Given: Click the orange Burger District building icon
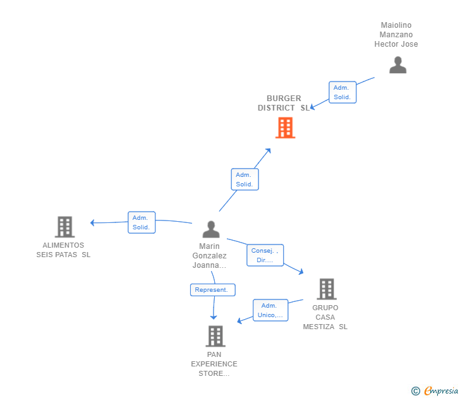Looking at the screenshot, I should click(x=286, y=128).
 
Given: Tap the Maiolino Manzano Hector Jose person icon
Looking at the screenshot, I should click(x=397, y=65).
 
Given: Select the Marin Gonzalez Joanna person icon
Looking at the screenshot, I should click(x=211, y=229).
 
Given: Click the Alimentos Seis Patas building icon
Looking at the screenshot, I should click(x=64, y=227).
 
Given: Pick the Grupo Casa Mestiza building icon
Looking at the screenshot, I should click(x=326, y=289).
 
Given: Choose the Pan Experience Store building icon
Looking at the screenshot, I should click(x=215, y=336).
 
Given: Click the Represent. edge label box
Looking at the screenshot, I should click(x=212, y=290).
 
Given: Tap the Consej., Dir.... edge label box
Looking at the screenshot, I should click(x=265, y=255).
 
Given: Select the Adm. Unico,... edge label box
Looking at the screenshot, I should click(x=270, y=310).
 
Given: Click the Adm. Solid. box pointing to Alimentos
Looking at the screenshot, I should click(x=141, y=222).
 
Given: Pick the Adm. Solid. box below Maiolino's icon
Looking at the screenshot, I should click(x=342, y=92).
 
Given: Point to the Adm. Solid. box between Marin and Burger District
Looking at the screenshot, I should click(x=245, y=179).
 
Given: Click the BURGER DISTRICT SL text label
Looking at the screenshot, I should click(x=284, y=103).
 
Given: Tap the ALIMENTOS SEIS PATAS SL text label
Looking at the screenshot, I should click(x=63, y=250).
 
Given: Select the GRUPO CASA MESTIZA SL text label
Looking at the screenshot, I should click(x=325, y=317).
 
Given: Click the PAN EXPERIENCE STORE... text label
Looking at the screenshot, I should click(x=214, y=364).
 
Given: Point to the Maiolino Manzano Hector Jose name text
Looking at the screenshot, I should click(x=396, y=35).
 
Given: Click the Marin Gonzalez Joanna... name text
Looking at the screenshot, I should click(x=209, y=256).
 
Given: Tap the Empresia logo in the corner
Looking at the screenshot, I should click(x=440, y=391).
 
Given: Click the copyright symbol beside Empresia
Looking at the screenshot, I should click(x=415, y=391).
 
